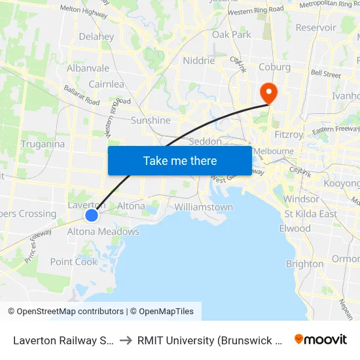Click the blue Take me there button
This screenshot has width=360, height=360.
pyautogui.click(x=180, y=160)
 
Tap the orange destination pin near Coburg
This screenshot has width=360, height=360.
pyautogui.click(x=268, y=92)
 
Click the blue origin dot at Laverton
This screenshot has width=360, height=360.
pyautogui.click(x=92, y=215)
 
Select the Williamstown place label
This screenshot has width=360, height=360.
pyautogui.click(x=204, y=207)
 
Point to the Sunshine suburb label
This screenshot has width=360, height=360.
pyautogui.click(x=151, y=120)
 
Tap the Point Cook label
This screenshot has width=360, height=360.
pyautogui.click(x=74, y=262)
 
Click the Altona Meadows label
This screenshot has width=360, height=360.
pyautogui.click(x=103, y=231)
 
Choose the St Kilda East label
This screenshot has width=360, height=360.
pyautogui.click(x=311, y=214)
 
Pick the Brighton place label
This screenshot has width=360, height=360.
pyautogui.click(x=304, y=264)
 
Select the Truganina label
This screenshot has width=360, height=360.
pyautogui.click(x=43, y=144)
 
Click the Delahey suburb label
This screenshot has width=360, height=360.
pyautogui.click(x=96, y=37)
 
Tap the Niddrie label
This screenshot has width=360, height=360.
pyautogui.click(x=199, y=61)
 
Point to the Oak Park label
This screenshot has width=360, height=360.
pyautogui.click(x=232, y=35)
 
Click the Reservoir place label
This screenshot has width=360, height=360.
pyautogui.click(x=316, y=27)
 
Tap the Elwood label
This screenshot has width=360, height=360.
pyautogui.click(x=295, y=228)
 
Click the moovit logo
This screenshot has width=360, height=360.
pyautogui.click(x=321, y=339)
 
